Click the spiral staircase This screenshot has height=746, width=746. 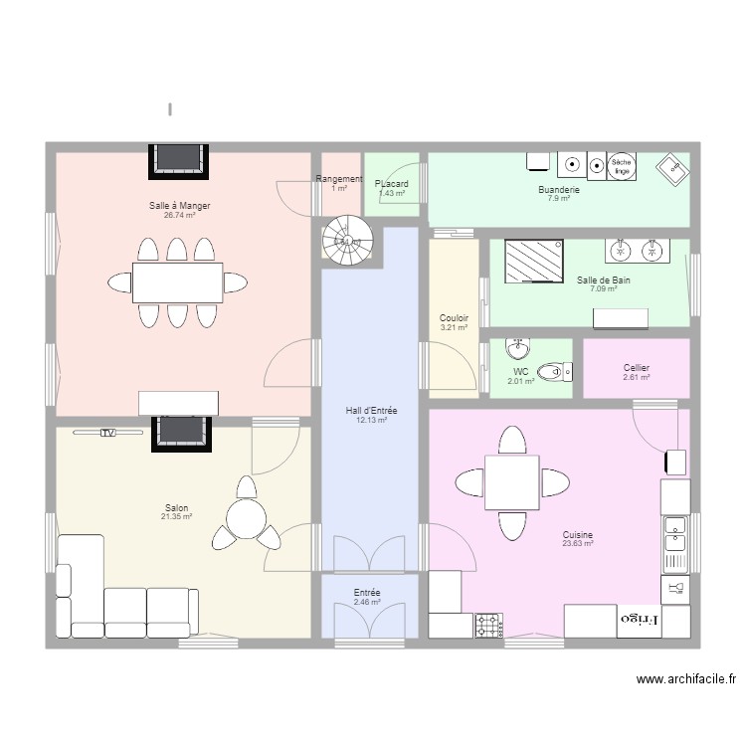pos(346,241)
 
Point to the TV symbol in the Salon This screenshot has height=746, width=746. pos(108,433)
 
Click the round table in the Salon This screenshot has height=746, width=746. pos(246,518)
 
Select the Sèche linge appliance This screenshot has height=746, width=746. pos(622,165)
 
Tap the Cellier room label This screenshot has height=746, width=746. pos(637,368)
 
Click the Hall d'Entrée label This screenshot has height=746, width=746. pos(371,411)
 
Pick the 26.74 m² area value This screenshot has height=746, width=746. pos(179,215)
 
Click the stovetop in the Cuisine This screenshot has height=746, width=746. pos(487,625)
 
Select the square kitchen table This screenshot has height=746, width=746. pos(511,482)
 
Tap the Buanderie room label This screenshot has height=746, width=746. pos(558,189)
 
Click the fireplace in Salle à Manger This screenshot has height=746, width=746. pos(180,159)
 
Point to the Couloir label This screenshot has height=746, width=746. pos(454,318)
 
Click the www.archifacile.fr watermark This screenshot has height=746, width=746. pos(686,680)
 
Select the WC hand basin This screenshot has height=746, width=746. pos(518,349)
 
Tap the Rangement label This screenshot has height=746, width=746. pos(339,179)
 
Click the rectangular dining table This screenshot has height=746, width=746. pos(177,282)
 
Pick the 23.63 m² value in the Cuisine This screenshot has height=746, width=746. pos(577,544)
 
